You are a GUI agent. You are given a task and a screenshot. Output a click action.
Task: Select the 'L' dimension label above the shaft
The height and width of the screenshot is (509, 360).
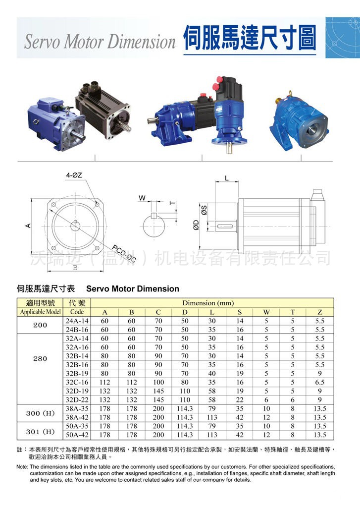(x=227, y=177)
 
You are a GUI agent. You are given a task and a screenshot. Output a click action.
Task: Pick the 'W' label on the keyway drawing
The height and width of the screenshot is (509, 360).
(x=142, y=198)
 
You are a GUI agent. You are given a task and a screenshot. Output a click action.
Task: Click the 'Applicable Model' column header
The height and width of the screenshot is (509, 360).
(x=41, y=312)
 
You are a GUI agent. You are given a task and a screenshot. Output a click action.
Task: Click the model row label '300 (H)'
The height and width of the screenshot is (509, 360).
(x=41, y=413)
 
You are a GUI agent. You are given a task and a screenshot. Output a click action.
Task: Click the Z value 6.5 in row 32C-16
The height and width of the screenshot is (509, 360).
(x=320, y=382)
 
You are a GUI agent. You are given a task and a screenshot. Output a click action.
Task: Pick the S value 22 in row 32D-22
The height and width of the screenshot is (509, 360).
(x=240, y=399)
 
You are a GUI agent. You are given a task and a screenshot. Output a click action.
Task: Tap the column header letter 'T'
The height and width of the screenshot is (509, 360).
(x=293, y=312)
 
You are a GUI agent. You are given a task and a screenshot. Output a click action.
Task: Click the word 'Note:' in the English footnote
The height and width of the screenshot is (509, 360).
(x=22, y=467)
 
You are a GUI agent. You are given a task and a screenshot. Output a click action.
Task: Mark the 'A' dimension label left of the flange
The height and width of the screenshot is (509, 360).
(x=28, y=226)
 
